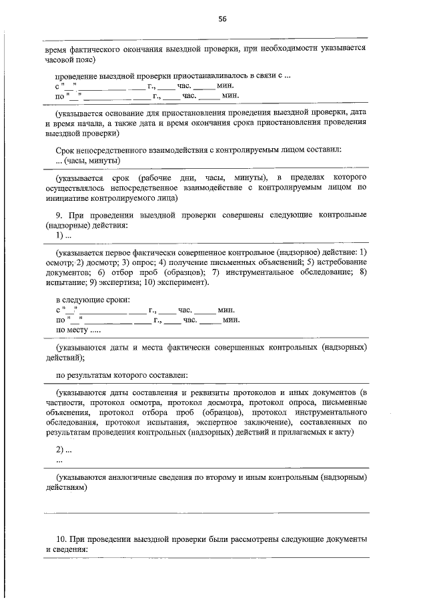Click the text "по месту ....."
[x=79, y=329]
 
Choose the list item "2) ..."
[x=63, y=450]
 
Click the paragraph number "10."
[x=62, y=539]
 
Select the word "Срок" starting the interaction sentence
[x=67, y=150]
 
